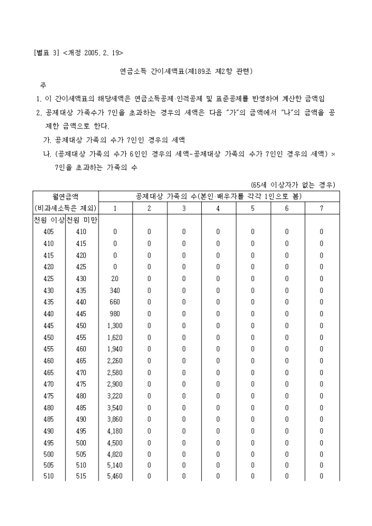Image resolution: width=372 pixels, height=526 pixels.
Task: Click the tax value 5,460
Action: pos(115,476)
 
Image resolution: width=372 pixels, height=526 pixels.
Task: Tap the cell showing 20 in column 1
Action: pos(115,278)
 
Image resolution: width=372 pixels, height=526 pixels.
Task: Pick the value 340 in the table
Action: pos(115,290)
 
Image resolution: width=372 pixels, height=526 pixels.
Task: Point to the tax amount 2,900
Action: pos(115,384)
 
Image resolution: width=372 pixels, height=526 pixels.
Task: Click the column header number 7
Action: pos(322,208)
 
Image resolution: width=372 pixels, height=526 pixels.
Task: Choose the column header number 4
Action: pos(218,208)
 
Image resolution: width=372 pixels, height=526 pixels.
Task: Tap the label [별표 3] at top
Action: pos(47,53)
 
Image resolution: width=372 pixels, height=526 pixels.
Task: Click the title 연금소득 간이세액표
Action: pos(152,72)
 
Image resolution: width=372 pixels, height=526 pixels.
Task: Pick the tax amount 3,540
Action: pos(115,407)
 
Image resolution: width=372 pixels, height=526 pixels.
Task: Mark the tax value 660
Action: pos(115,302)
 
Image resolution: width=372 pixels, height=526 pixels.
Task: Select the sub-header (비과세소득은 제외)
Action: pos(66,208)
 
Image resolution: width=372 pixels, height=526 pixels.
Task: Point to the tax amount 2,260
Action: pos(115,361)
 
